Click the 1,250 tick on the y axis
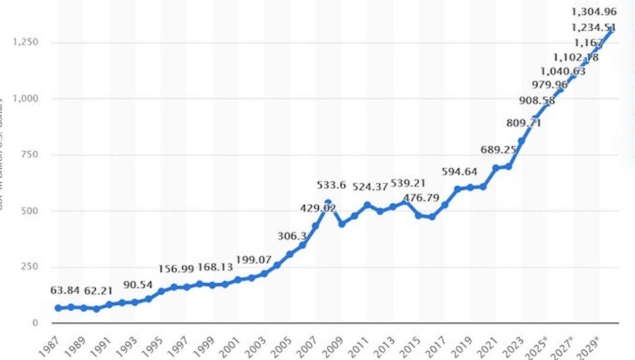pyautogui.click(x=26, y=42)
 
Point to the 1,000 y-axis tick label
pyautogui.click(x=26, y=98)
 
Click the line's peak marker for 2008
pyautogui.click(x=327, y=202)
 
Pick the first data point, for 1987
pyautogui.click(x=59, y=308)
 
